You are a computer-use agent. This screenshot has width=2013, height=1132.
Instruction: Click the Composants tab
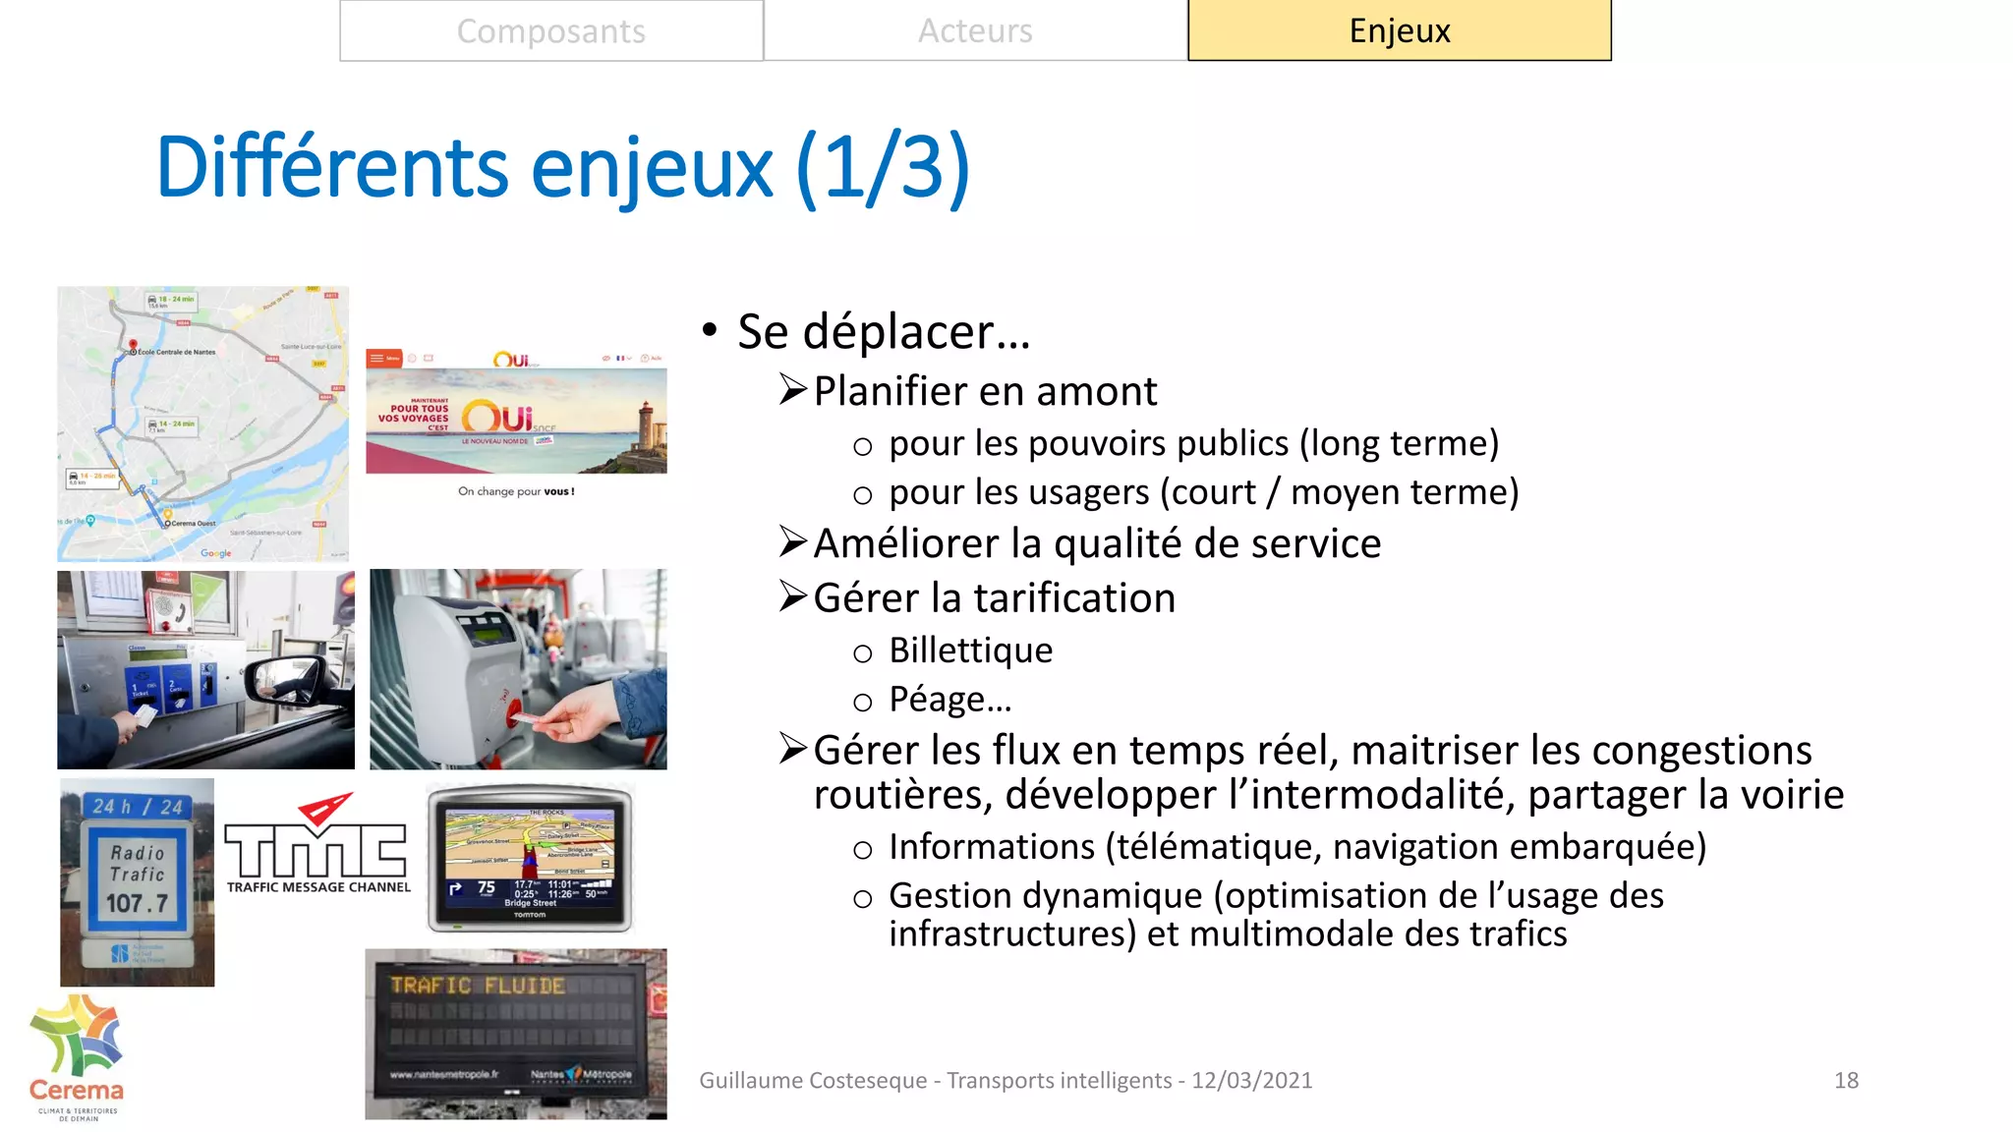click(550, 31)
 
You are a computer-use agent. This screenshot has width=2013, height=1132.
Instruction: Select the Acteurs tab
click(975, 31)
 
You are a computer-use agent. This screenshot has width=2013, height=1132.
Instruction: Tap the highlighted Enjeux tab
click(1399, 31)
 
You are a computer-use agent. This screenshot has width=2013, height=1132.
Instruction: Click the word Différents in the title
click(331, 167)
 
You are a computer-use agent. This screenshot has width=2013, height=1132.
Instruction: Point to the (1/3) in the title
click(882, 167)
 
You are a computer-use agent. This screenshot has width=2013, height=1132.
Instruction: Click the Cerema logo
click(77, 1056)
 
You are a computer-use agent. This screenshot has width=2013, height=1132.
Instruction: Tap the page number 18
click(1846, 1080)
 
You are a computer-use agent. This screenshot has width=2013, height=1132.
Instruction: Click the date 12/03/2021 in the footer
click(1251, 1080)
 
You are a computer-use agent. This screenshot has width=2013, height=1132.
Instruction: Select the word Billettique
click(970, 651)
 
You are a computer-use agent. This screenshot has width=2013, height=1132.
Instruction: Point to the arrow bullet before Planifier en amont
click(792, 390)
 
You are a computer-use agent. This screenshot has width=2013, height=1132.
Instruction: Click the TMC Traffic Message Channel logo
click(317, 845)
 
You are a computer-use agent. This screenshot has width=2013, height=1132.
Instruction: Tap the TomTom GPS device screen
click(530, 858)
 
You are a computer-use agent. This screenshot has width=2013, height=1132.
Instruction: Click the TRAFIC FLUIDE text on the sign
click(478, 985)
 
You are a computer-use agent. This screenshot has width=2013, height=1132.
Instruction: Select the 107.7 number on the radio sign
click(137, 902)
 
